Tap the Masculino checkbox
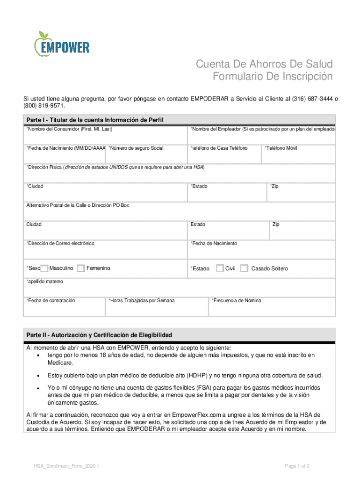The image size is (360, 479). pos(44,269)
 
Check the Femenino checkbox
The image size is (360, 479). pos(80,269)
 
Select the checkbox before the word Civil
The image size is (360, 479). pos(220,269)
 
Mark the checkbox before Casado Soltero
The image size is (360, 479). pos(244,269)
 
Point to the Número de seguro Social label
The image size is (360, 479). pos(136,148)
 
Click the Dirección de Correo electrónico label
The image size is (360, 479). pos(60,244)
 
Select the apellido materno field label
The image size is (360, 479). pos(45,282)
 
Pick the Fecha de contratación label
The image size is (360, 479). pos(51,300)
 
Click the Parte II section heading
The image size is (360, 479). pos(100,335)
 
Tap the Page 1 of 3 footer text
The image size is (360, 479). pos(297,466)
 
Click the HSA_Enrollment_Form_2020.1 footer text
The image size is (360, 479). pos(66,466)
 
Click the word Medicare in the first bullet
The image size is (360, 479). pos(60,363)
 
